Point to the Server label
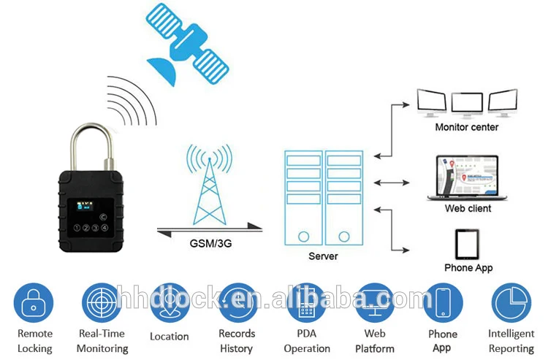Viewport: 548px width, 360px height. pos(323,256)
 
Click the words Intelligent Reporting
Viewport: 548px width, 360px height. pos(511,341)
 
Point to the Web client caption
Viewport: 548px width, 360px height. pos(468,208)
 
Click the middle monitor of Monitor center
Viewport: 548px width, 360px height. pos(467,102)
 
